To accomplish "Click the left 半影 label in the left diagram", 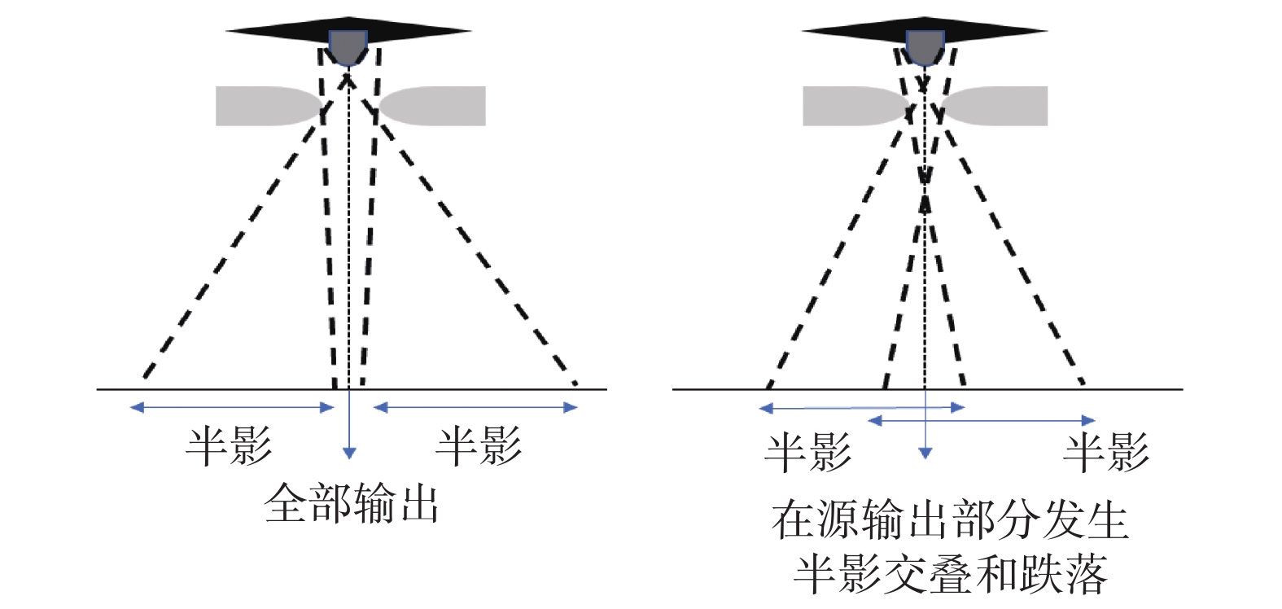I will click(229, 446).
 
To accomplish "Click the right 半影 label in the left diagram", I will click(479, 446).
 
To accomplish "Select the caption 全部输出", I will click(352, 504).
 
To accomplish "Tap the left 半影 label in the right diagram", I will click(807, 453).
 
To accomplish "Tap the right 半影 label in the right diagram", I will click(1106, 453).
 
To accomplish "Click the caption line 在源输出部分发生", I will click(949, 520).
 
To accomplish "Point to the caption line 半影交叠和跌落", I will click(949, 575).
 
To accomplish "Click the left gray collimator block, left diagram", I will click(260, 106).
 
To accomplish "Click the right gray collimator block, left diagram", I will click(440, 106).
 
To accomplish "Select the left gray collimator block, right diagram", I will click(847, 106).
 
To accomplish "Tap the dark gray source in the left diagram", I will click(348, 47).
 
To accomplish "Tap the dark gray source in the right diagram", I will click(925, 47).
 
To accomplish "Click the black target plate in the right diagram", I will click(847, 32).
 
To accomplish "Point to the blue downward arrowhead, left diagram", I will click(349, 453).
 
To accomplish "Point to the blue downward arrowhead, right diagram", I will click(925, 453).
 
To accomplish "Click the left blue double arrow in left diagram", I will click(232, 407).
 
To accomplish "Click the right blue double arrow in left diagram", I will click(475, 407).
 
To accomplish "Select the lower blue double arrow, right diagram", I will click(981, 421).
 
